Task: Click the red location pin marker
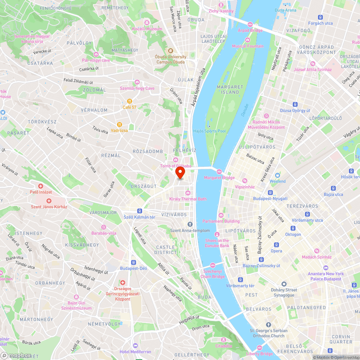[180, 172]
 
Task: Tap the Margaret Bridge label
[219, 177]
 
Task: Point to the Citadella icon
[224, 339]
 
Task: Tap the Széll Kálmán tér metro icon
[139, 211]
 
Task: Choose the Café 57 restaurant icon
[129, 101]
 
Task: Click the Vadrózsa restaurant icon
[120, 124]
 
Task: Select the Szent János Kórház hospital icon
[49, 201]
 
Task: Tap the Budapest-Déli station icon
[134, 262]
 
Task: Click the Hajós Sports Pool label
[210, 131]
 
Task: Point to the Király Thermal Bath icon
[188, 193]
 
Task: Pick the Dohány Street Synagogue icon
[284, 284]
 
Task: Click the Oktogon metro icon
[293, 228]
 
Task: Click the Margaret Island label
[230, 90]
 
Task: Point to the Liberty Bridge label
[260, 354]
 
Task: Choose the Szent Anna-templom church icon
[190, 224]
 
